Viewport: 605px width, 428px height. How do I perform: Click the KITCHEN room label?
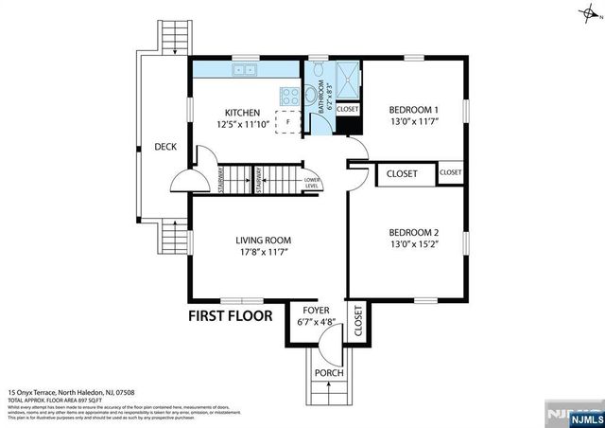[x=243, y=111]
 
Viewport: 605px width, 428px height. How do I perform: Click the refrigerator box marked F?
[x=287, y=122]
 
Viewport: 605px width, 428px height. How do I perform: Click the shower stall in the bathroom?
[x=347, y=80]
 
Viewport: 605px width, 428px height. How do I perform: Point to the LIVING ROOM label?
[x=263, y=240]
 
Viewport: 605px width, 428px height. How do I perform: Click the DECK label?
[x=167, y=147]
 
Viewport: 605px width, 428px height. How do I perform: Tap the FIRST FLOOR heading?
[x=230, y=315]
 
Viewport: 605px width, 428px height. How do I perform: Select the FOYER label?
[x=316, y=311]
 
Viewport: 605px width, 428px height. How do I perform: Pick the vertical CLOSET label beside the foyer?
[x=358, y=322]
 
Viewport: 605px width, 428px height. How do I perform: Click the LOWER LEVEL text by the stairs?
[x=311, y=182]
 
